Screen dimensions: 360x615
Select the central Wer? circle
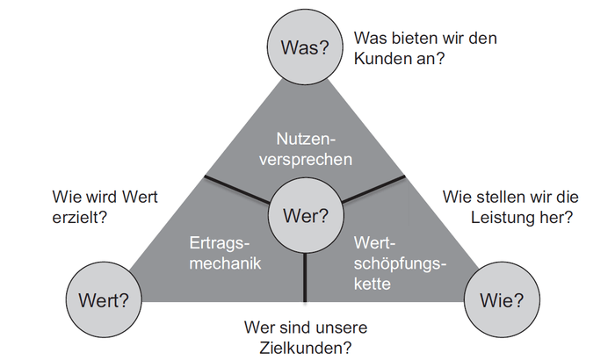click(x=305, y=214)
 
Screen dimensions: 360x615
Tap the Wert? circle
click(x=103, y=300)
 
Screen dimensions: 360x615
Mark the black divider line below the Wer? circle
click(x=305, y=276)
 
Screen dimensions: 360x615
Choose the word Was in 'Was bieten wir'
click(x=370, y=39)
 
